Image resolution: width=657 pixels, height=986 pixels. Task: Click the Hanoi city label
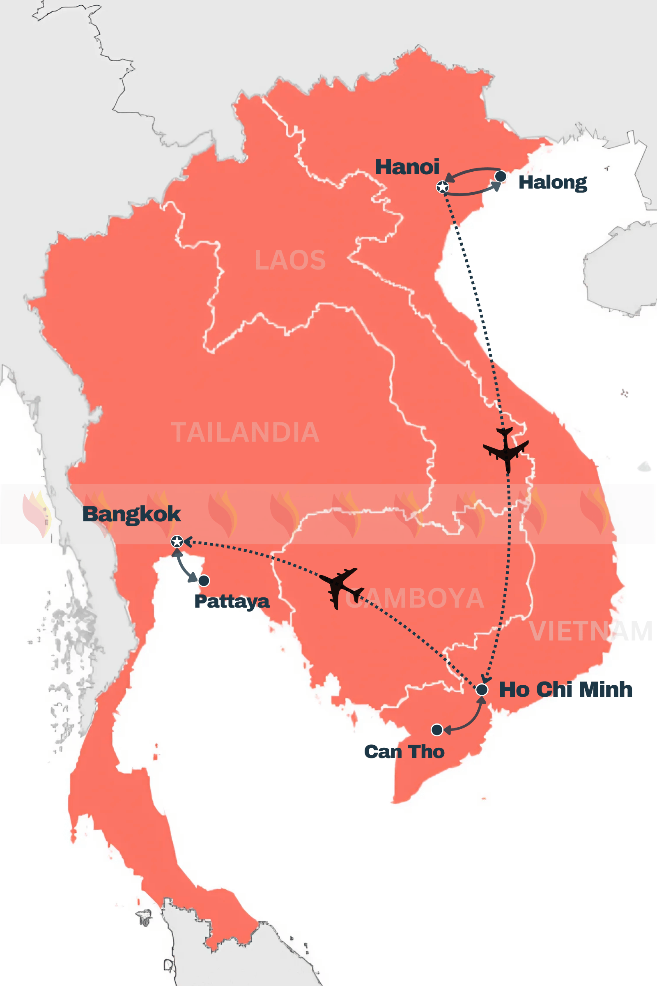(407, 167)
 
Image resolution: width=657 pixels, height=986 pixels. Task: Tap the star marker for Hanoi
(443, 187)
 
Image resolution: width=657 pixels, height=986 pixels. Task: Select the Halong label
(553, 182)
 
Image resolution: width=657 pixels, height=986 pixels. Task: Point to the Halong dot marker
(500, 177)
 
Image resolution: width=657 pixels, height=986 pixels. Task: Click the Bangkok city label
(131, 514)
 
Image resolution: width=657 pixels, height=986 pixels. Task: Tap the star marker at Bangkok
(177, 541)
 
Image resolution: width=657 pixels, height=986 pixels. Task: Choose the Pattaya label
(232, 601)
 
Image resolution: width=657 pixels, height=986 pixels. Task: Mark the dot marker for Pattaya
(204, 581)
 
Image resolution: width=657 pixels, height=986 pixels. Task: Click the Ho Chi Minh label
(565, 690)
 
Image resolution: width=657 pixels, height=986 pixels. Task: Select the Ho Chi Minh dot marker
(482, 690)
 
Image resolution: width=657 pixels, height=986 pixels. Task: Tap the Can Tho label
(404, 752)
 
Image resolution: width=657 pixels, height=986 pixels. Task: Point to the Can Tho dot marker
(437, 730)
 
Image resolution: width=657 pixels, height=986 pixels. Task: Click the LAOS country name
(290, 260)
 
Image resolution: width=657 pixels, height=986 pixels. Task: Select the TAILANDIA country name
(245, 432)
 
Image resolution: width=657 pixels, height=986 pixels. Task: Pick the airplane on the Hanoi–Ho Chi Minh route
(506, 450)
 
